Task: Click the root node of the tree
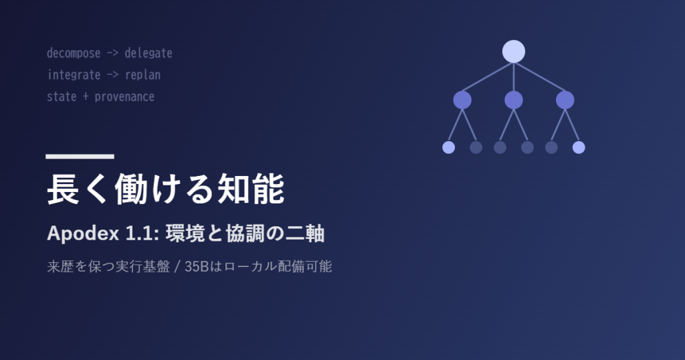tap(513, 52)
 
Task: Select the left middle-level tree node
tap(462, 100)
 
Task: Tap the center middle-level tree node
tap(513, 100)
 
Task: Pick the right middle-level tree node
tap(565, 100)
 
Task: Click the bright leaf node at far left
tap(449, 147)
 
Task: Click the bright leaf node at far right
tap(579, 147)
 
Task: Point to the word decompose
tap(74, 54)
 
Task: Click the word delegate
tap(149, 54)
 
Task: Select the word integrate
tap(74, 75)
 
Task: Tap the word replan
tap(143, 75)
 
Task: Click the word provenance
tap(124, 97)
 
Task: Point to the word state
tap(62, 96)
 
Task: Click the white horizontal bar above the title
tap(80, 157)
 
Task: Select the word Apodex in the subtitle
tap(83, 234)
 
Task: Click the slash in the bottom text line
tap(177, 266)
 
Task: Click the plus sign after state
tap(86, 96)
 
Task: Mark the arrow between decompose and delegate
tap(112, 54)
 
